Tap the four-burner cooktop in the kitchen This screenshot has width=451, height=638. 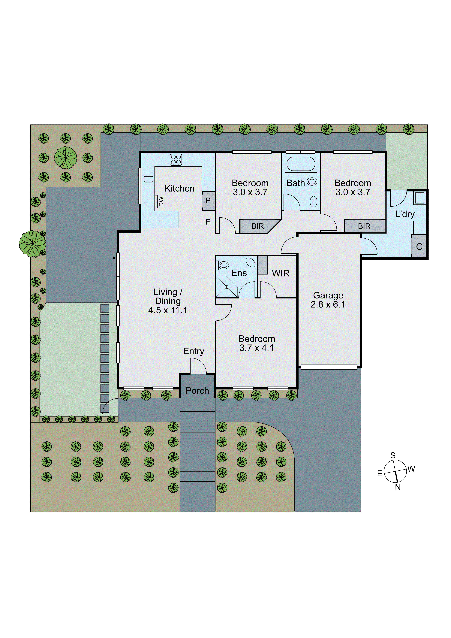coord(176,159)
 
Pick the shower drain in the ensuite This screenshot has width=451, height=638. coord(227,287)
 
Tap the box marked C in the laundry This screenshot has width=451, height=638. coord(419,246)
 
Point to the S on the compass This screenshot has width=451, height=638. coord(393,455)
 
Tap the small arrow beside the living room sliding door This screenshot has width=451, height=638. coord(114,265)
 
